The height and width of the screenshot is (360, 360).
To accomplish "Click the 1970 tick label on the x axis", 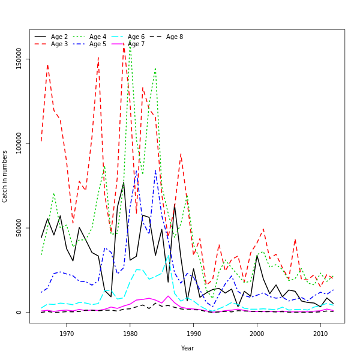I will click(67, 333).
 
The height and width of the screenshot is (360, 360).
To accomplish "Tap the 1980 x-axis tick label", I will click(130, 333).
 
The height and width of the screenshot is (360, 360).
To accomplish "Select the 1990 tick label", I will click(193, 333).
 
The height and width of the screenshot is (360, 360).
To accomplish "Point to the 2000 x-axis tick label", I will click(257, 333).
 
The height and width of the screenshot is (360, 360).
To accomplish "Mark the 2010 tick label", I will click(320, 333).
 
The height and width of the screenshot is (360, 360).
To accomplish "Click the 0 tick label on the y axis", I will click(19, 312).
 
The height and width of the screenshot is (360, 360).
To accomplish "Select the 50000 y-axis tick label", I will click(19, 228).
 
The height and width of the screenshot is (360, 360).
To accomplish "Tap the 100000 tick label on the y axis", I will click(19, 143).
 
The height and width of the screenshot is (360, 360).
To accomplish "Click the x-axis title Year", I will click(187, 348).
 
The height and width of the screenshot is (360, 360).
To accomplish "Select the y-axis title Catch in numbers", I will click(5, 176).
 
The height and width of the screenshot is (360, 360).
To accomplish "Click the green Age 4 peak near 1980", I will click(130, 41).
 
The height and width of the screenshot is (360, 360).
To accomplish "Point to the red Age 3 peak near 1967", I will click(47, 65).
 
